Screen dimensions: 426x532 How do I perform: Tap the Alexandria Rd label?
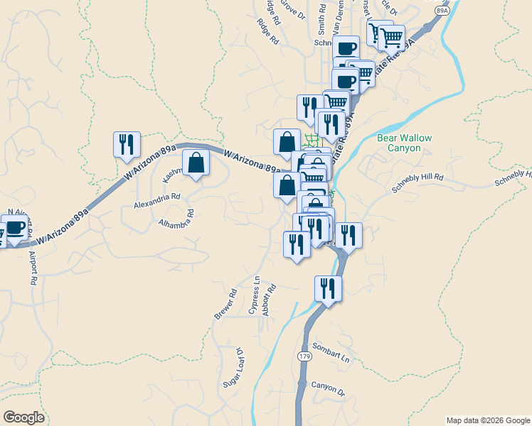[157, 201]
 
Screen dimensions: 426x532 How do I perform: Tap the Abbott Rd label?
[268, 300]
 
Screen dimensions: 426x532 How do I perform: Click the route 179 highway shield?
[305, 357]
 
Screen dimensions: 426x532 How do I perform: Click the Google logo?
[23, 417]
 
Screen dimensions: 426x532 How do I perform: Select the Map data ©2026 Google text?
[487, 420]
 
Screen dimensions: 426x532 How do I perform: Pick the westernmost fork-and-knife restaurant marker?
[127, 144]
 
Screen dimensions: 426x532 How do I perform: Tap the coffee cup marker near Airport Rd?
[15, 229]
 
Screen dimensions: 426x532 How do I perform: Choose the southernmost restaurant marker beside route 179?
[328, 288]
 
